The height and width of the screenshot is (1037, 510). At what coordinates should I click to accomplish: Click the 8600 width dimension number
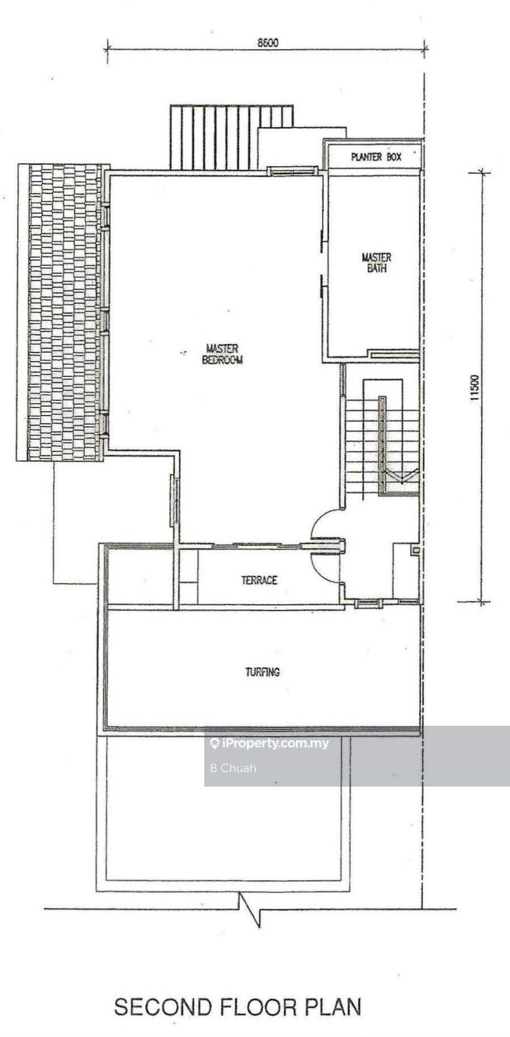267,43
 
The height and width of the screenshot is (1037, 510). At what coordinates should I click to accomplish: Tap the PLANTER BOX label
376,157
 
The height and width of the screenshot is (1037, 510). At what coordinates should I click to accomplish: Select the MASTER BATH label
376,262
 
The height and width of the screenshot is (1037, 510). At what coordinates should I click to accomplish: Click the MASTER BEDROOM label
222,354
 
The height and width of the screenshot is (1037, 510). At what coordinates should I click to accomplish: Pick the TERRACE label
259,580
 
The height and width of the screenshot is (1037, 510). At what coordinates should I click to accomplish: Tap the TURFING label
262,672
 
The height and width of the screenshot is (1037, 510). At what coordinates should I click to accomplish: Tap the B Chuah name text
233,768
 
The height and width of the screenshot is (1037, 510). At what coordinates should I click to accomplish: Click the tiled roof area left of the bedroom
62,312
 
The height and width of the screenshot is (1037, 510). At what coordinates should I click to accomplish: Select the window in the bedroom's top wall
292,170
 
